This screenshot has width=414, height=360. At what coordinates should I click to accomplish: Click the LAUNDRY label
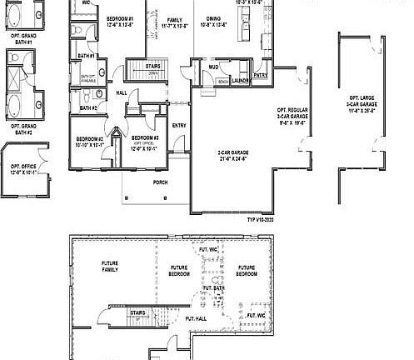[240, 81]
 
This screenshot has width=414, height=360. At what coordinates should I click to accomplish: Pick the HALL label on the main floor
[122, 92]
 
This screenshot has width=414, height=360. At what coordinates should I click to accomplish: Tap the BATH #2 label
[89, 107]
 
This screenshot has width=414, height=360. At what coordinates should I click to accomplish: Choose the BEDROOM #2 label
[89, 141]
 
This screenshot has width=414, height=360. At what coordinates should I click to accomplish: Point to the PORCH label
[161, 182]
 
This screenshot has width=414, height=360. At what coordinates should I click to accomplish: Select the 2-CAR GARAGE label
[232, 155]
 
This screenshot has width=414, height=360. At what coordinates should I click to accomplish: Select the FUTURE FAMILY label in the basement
[110, 266]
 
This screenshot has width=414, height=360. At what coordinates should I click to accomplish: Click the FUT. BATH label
[213, 287]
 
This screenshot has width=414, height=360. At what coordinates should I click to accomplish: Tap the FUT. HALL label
[196, 318]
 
